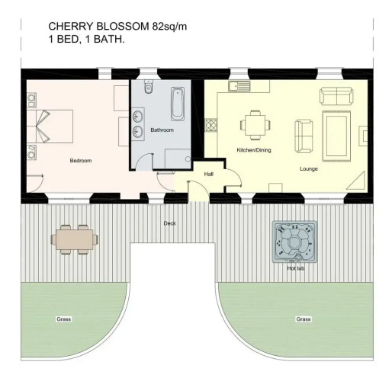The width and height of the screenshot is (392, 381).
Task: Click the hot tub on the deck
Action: [x=295, y=242]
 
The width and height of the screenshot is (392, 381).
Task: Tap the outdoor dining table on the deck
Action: [x=75, y=239]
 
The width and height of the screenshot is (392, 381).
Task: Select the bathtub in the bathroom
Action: [x=178, y=104]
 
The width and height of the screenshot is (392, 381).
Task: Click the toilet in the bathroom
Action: [x=148, y=86]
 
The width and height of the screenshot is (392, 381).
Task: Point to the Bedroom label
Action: [x=81, y=161]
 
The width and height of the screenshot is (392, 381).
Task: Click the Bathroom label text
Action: [x=162, y=130]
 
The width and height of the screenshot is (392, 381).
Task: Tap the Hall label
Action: [x=209, y=174]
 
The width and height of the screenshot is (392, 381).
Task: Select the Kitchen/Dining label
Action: [x=254, y=150]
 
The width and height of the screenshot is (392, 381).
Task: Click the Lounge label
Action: [x=309, y=169]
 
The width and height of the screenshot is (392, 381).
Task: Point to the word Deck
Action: [x=169, y=223]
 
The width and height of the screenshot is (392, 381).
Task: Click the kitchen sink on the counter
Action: [x=239, y=86]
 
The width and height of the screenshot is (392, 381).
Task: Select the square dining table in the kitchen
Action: [x=255, y=125]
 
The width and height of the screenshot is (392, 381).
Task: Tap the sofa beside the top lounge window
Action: [x=336, y=96]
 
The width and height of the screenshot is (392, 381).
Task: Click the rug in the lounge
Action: [x=336, y=136]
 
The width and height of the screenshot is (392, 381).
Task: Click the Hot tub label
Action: [x=296, y=268]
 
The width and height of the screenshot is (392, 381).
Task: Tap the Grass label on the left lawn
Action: [x=64, y=319]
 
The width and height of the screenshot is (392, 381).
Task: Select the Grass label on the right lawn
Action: [x=304, y=319]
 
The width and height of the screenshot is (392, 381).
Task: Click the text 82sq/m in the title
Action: [x=169, y=27]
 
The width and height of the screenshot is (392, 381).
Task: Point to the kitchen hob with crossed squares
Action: [x=211, y=125]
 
